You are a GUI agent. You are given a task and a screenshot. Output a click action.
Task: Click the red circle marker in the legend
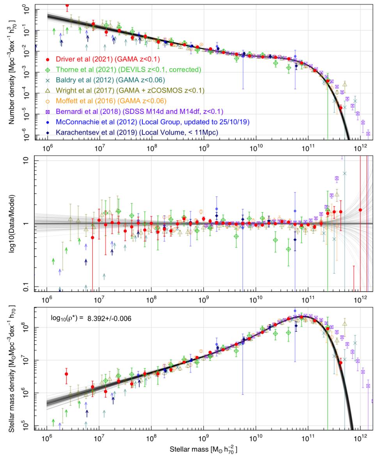(48, 59)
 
